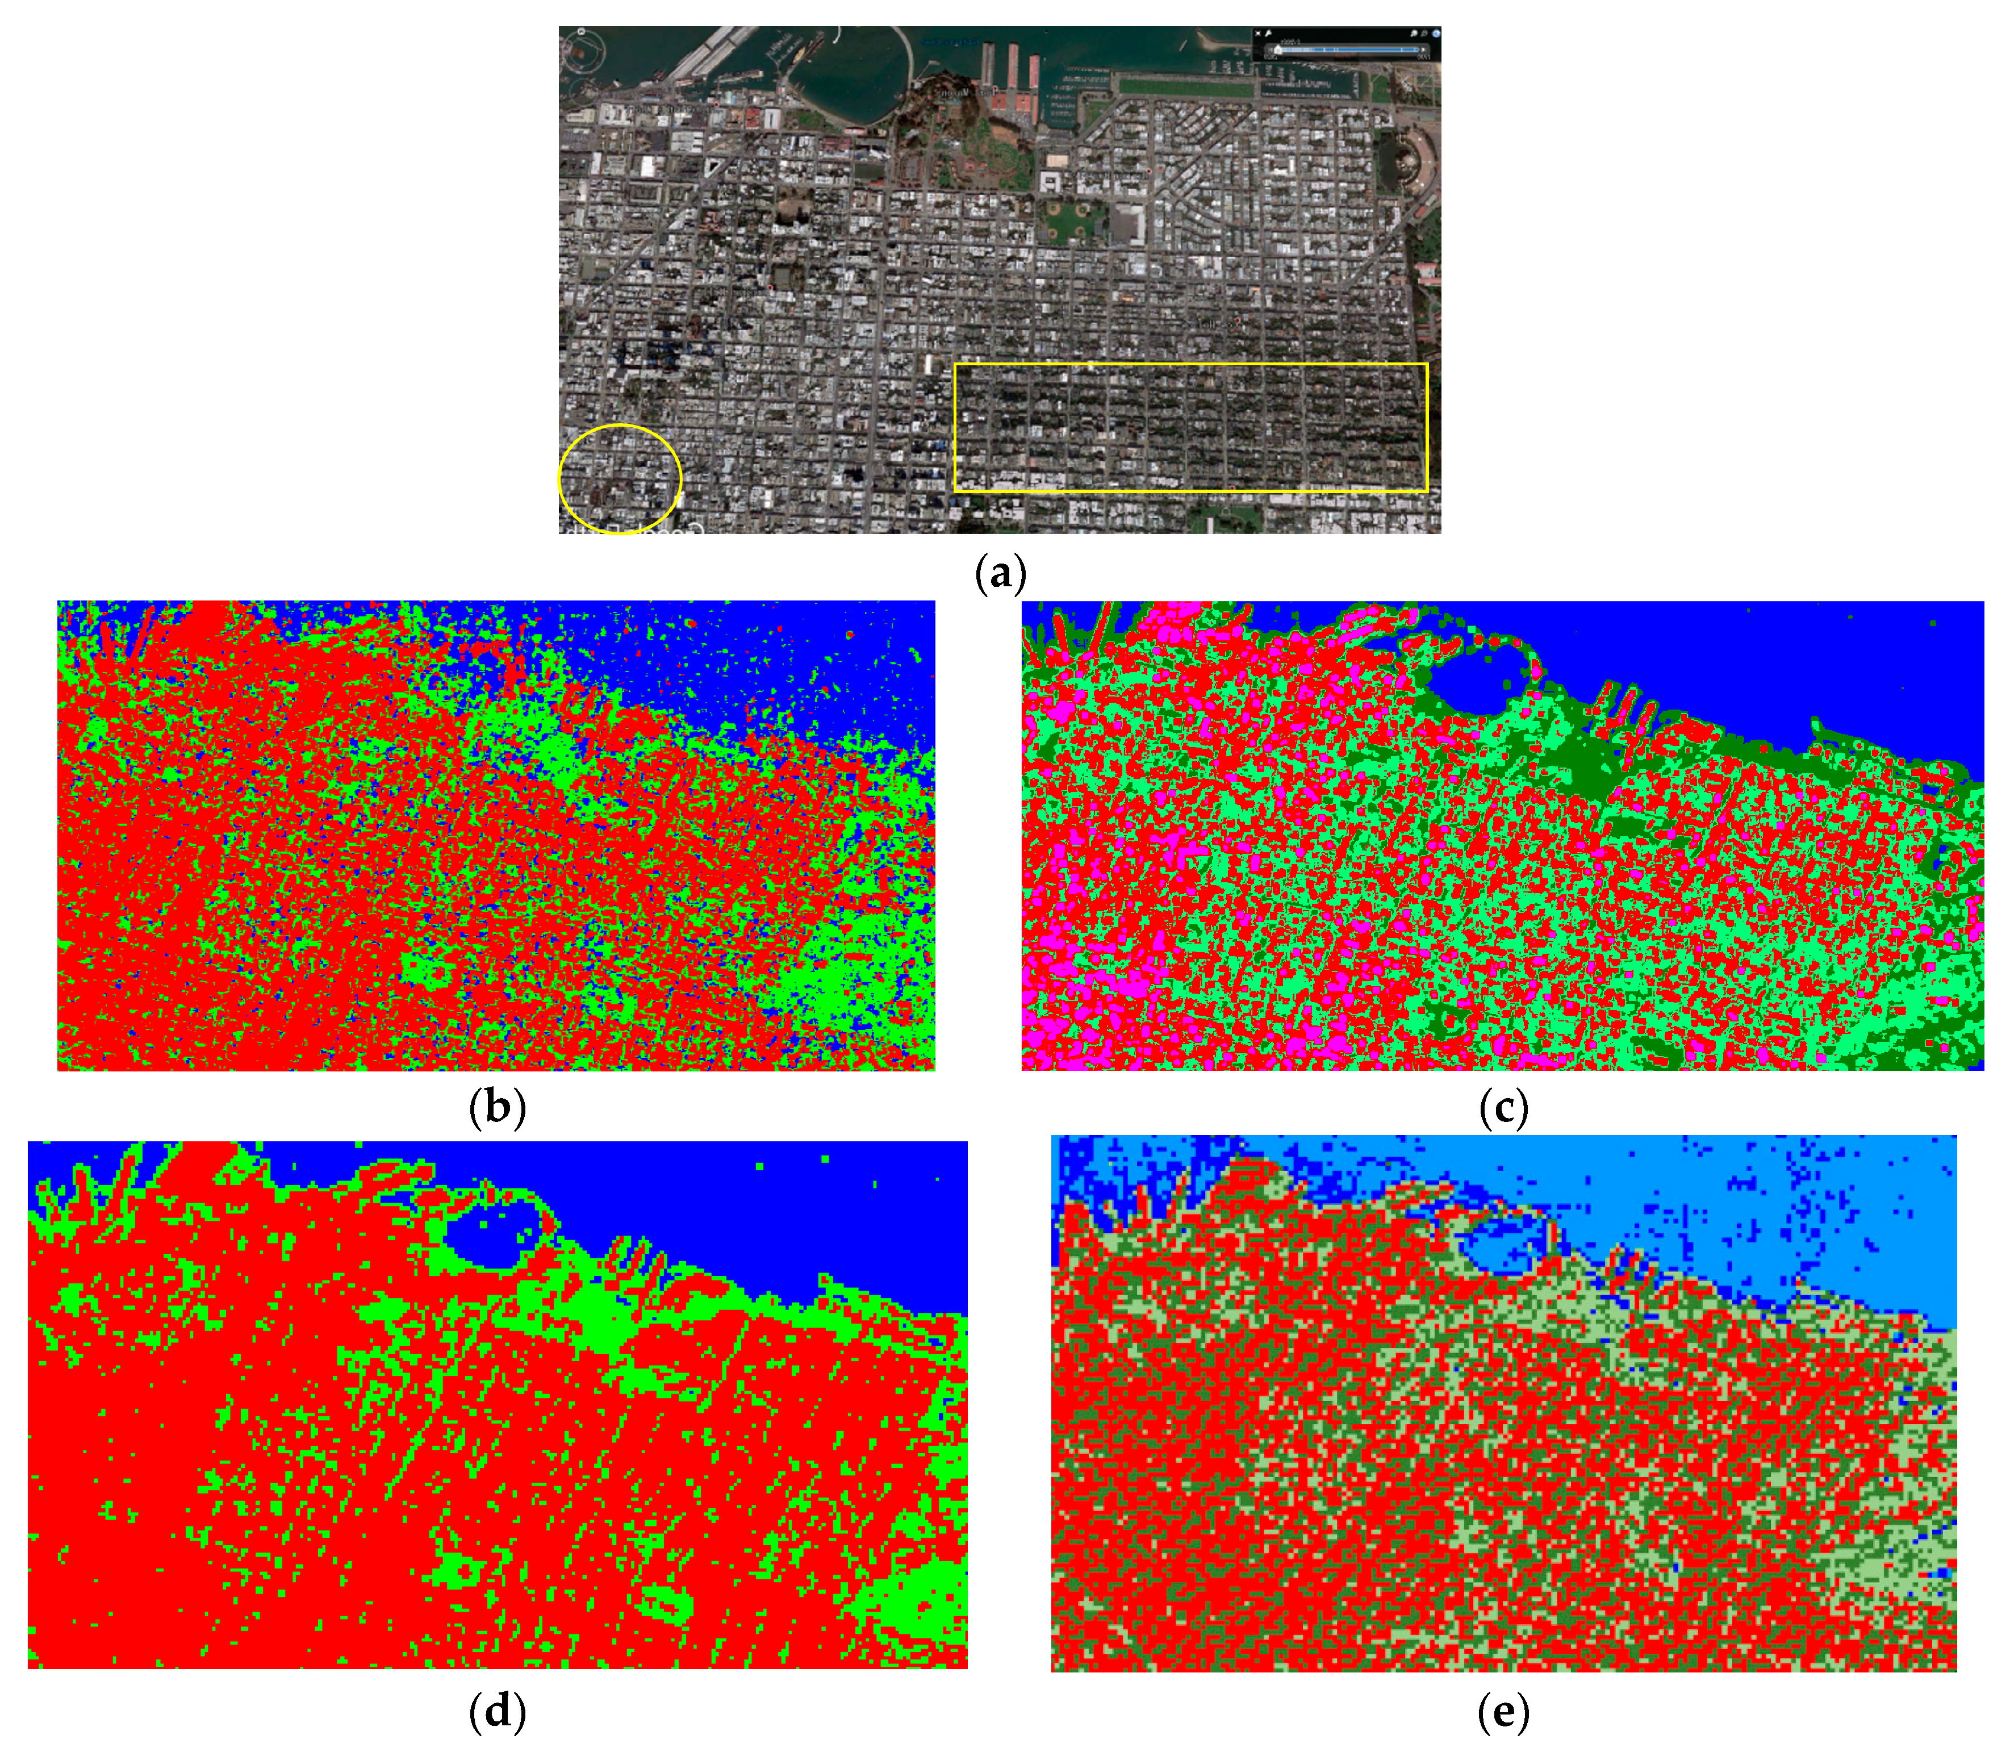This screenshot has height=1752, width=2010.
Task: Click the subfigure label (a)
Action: (x=1000, y=573)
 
